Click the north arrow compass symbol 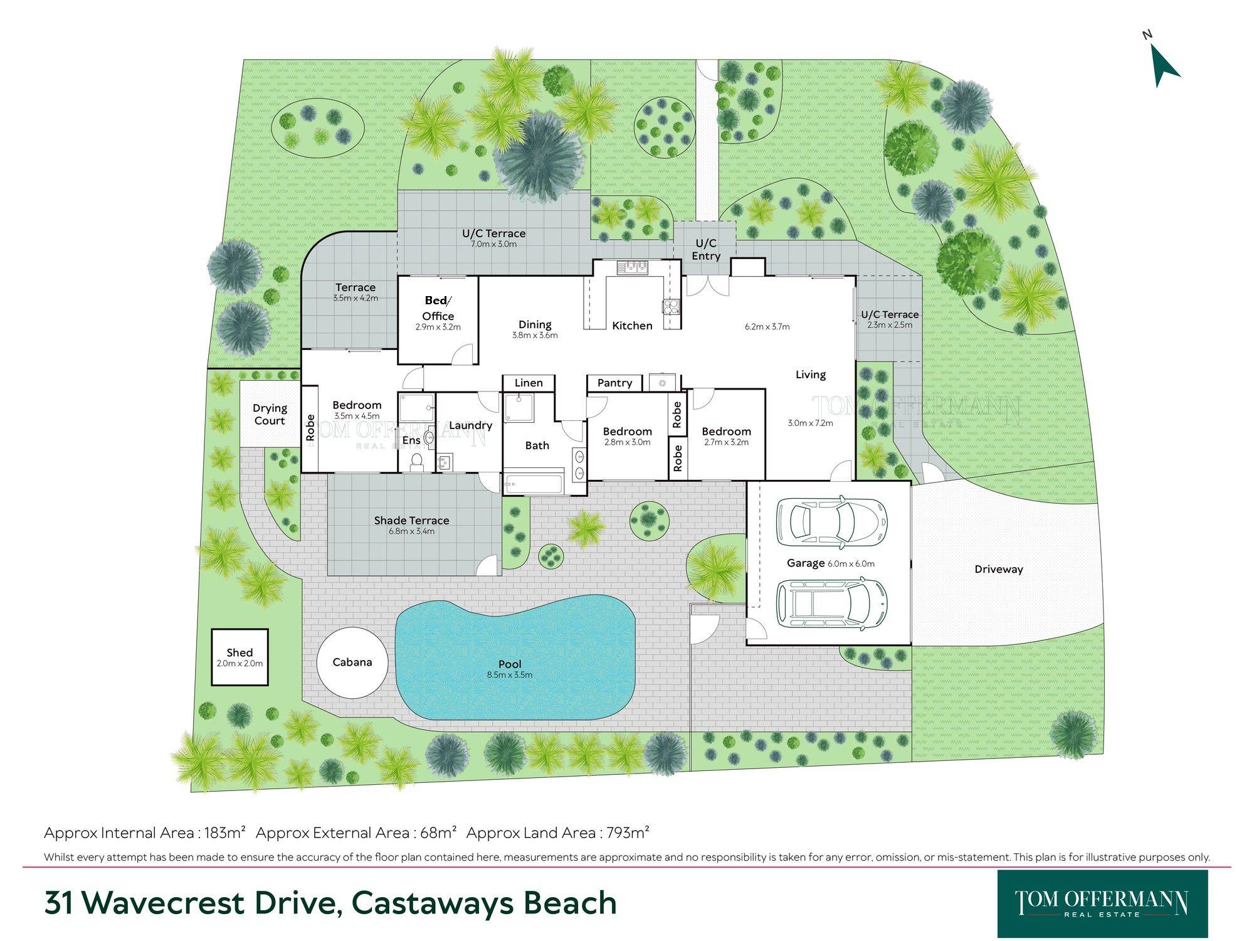pyautogui.click(x=1164, y=66)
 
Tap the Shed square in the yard pyautogui.click(x=240, y=657)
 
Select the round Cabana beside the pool pyautogui.click(x=352, y=662)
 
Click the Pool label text pyautogui.click(x=510, y=664)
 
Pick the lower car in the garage pyautogui.click(x=831, y=603)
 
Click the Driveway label pyautogui.click(x=999, y=570)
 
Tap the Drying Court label pyautogui.click(x=270, y=414)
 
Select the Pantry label pyautogui.click(x=614, y=383)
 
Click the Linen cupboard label pyautogui.click(x=529, y=383)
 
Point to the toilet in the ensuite pyautogui.click(x=416, y=462)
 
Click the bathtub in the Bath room pyautogui.click(x=534, y=484)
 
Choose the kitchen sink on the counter pyautogui.click(x=632, y=268)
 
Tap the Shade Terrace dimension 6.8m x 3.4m pyautogui.click(x=411, y=531)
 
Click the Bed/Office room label pyautogui.click(x=438, y=308)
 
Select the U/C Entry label pyautogui.click(x=706, y=249)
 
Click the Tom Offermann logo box pyautogui.click(x=1102, y=903)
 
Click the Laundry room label pyautogui.click(x=470, y=425)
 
